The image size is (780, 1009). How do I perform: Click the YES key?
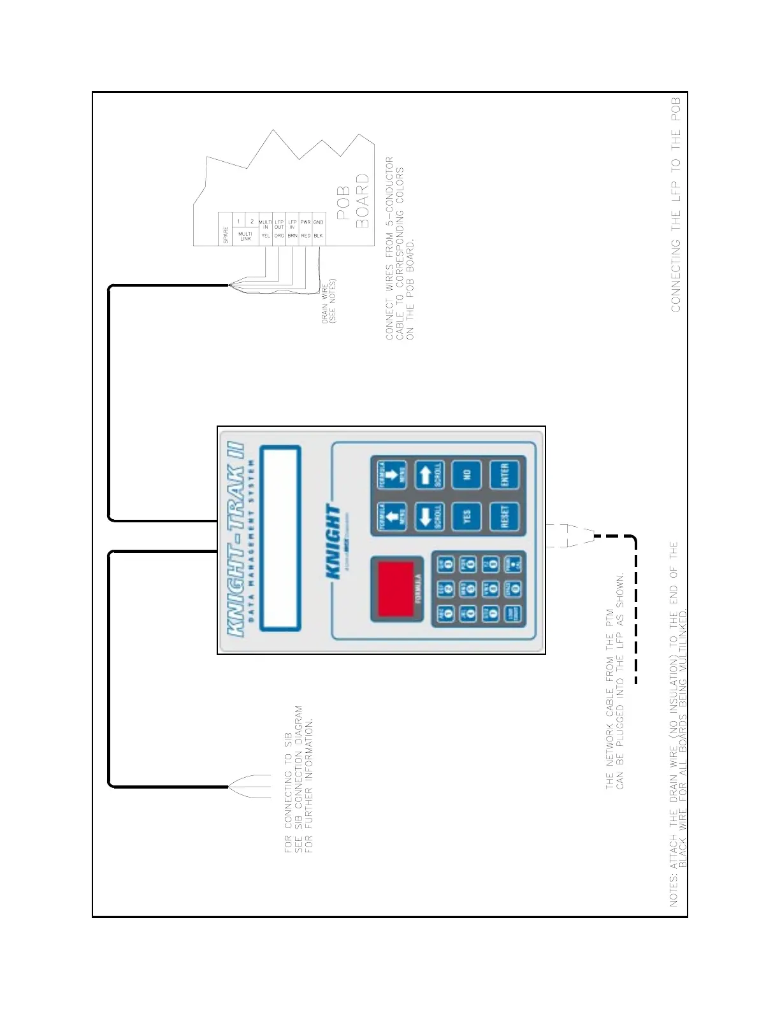coord(466,517)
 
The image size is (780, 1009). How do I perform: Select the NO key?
coord(466,475)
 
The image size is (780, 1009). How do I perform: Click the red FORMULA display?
coord(396,589)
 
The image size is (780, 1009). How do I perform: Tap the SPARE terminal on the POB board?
coord(225,235)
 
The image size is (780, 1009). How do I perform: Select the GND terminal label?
coord(318,222)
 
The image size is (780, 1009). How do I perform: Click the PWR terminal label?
coord(305,222)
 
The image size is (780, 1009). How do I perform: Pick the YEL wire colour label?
coord(266,236)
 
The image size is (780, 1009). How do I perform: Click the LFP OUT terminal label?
coord(279,224)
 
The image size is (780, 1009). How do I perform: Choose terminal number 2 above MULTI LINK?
coord(252,222)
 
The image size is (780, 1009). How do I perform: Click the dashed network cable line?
coord(635,612)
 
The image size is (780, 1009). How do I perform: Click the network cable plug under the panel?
coord(570,535)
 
